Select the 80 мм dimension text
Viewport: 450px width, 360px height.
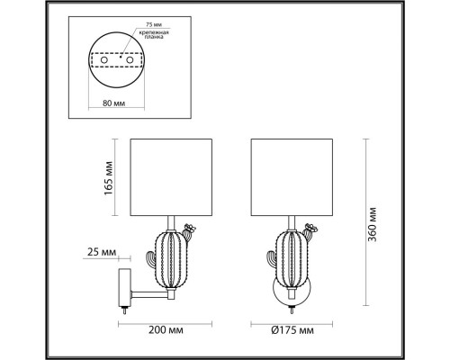tap(113, 104)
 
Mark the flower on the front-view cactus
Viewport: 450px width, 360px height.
tap(310, 229)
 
